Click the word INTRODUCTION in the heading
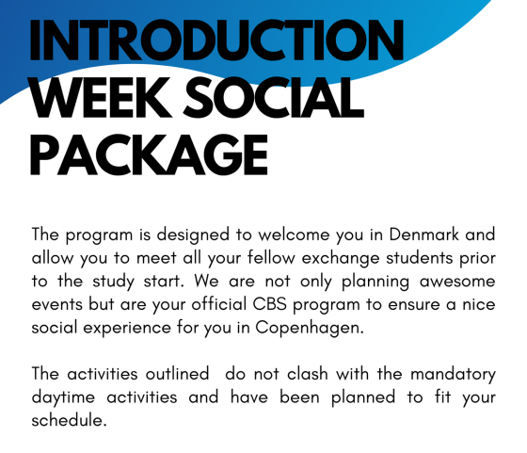(216, 40)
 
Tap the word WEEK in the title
(101, 98)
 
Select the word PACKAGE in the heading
(150, 154)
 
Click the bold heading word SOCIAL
(274, 98)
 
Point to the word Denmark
(423, 235)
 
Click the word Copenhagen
(310, 328)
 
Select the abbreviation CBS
(269, 304)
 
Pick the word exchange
(341, 259)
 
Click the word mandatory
(453, 375)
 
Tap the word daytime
(63, 397)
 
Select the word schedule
(70, 420)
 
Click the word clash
(308, 374)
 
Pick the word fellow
(271, 258)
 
